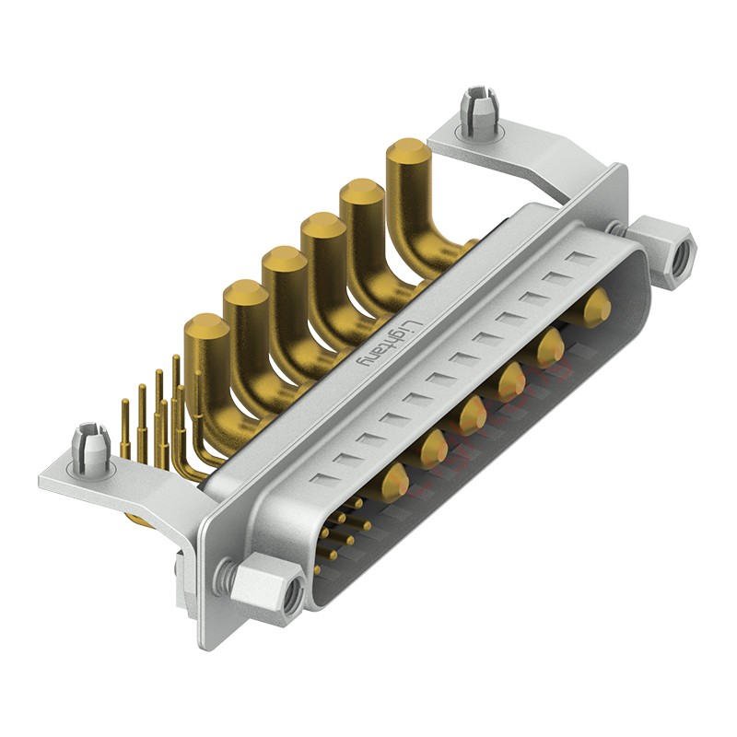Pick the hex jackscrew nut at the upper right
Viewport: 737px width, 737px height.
[x=662, y=252]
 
